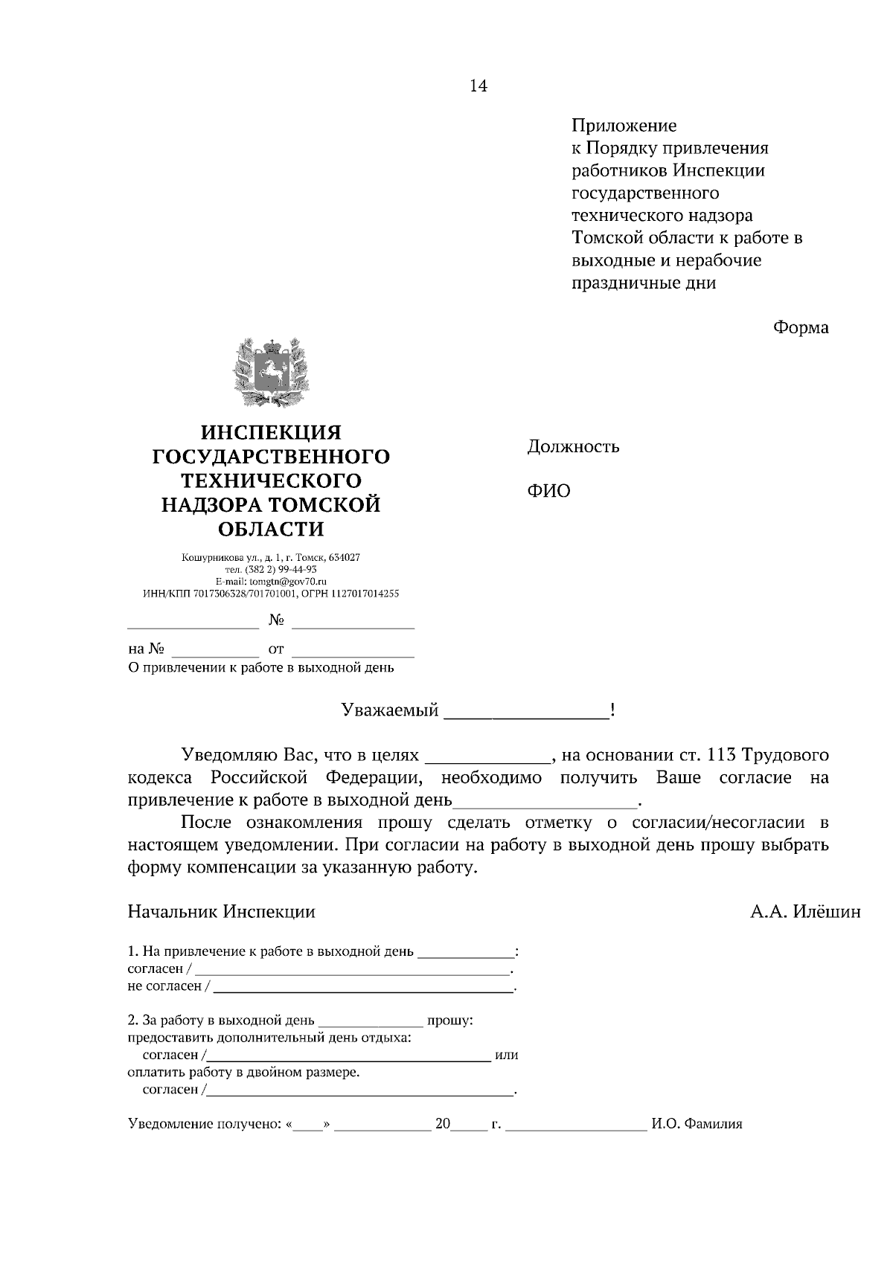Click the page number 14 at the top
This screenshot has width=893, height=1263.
478,86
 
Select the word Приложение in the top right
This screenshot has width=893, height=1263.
624,126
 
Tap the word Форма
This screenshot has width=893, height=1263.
800,327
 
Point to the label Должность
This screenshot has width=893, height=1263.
573,447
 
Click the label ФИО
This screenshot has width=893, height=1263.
548,492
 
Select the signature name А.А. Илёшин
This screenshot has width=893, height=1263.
804,912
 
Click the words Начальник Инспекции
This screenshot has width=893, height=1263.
221,912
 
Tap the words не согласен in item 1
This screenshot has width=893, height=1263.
164,986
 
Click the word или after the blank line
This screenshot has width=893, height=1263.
506,1055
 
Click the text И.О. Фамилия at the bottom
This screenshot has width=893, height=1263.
697,1125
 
